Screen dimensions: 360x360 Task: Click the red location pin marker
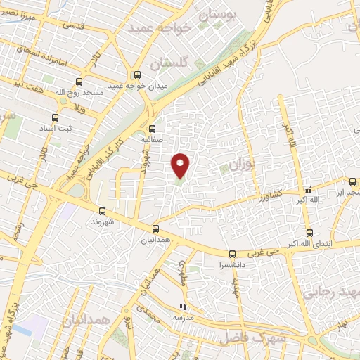click(181, 165)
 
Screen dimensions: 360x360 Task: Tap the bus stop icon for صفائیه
click(153, 128)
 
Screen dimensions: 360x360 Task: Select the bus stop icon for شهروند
click(103, 210)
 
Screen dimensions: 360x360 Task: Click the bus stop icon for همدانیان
click(156, 228)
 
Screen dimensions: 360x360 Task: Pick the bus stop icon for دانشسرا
click(233, 254)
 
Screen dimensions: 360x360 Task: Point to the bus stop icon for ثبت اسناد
click(56, 117)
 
